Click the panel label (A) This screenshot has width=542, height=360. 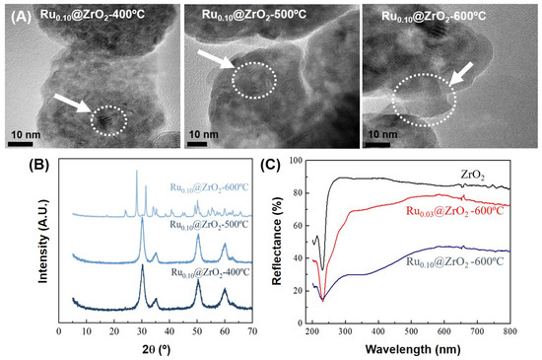pos(14,14)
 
